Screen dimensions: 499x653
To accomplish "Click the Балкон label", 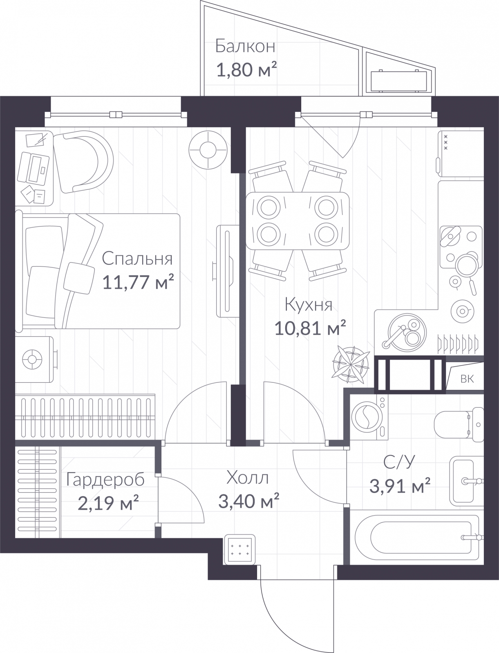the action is click(x=245, y=47).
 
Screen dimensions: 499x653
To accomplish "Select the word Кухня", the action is click(x=308, y=304).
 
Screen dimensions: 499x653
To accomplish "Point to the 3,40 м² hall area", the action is click(x=248, y=501).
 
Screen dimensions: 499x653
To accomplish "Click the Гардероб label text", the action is click(x=105, y=480).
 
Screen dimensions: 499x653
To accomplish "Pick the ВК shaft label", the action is click(x=467, y=379).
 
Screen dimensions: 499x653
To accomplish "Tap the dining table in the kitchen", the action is click(x=297, y=221).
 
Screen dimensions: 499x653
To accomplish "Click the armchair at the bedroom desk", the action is click(x=84, y=162).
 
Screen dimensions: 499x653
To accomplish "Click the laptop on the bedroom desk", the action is click(x=34, y=169).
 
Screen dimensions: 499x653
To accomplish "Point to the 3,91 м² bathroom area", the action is click(x=400, y=486).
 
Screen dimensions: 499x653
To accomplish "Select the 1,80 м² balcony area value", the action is click(x=247, y=70).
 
